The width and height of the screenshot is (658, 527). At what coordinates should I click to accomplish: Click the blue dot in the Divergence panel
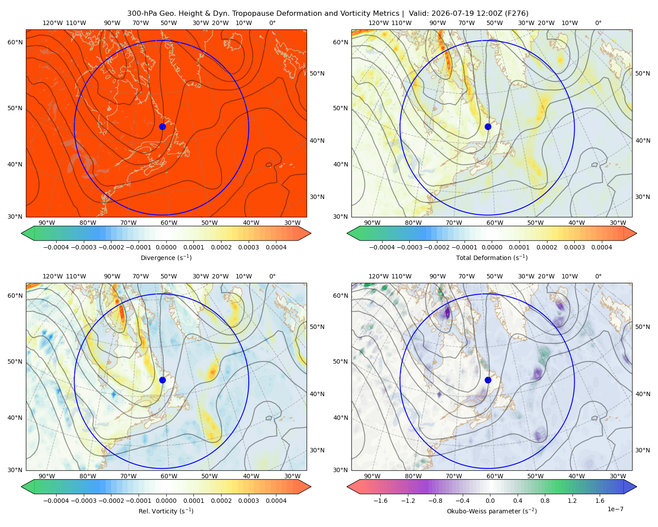(162, 126)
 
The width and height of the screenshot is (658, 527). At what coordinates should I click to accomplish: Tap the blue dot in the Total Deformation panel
(488, 126)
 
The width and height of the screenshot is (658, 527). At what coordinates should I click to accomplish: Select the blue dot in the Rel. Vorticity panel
(162, 380)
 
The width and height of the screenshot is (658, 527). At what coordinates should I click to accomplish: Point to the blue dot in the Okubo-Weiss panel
(488, 380)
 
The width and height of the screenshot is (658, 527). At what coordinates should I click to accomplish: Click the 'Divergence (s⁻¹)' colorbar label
(166, 257)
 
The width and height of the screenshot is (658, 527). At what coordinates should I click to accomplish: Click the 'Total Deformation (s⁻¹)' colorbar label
(492, 257)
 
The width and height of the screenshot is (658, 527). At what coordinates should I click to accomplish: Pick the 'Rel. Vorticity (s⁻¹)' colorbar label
(166, 511)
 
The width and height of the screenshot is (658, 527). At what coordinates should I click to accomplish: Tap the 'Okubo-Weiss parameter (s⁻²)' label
(492, 511)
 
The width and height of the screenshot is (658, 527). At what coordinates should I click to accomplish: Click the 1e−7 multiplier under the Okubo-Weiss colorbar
(615, 509)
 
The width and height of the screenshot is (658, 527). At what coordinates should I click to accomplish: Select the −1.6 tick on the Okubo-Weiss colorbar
(380, 500)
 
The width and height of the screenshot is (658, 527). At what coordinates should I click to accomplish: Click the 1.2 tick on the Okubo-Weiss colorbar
(572, 500)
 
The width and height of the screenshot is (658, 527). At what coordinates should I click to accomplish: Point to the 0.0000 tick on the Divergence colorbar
(166, 247)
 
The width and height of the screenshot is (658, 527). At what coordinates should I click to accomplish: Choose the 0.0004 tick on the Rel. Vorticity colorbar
(276, 500)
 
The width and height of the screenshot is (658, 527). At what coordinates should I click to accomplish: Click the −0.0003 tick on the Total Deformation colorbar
(409, 247)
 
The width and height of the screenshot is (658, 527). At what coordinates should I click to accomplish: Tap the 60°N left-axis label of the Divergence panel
(15, 42)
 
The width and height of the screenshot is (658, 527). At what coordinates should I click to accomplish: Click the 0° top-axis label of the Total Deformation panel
(598, 23)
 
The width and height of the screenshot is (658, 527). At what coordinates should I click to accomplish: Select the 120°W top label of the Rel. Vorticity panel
(53, 276)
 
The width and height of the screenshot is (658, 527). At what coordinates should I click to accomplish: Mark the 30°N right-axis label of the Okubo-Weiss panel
(643, 450)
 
